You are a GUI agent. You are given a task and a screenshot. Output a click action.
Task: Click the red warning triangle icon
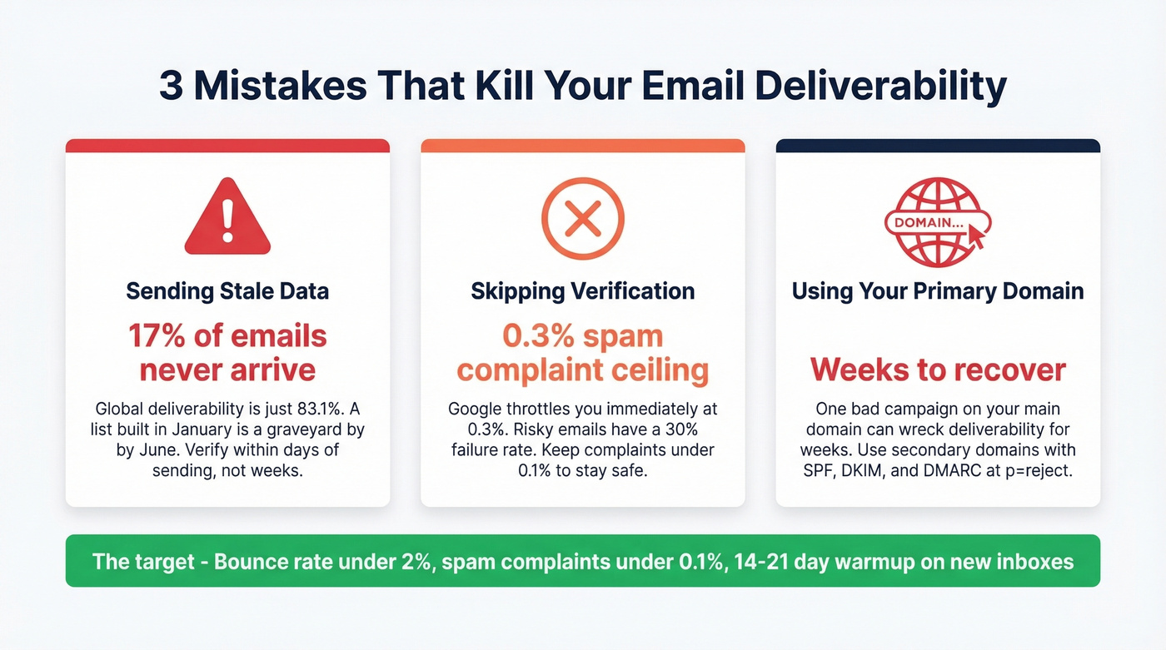tap(227, 219)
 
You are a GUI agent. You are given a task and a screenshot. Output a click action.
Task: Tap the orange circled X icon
tap(582, 219)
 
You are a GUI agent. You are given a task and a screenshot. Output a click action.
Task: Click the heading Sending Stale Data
tap(227, 291)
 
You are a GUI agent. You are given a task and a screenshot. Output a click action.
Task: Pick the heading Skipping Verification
tap(582, 291)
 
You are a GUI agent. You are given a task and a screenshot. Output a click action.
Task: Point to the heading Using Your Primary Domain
tap(938, 291)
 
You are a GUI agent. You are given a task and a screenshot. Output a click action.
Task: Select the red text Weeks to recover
tap(938, 369)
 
